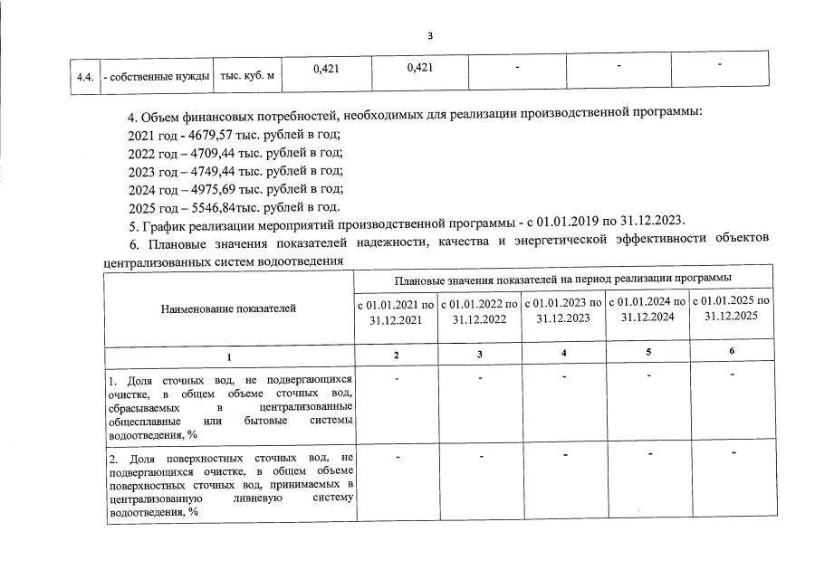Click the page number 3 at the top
click(x=430, y=35)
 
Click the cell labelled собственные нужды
click(x=157, y=75)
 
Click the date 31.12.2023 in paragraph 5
click(x=653, y=220)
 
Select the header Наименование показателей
click(x=228, y=308)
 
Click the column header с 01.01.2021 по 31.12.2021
click(x=396, y=310)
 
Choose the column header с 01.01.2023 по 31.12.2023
click(x=563, y=309)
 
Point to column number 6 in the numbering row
click(x=731, y=351)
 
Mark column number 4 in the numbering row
click(x=564, y=353)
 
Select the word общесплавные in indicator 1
click(x=140, y=422)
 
